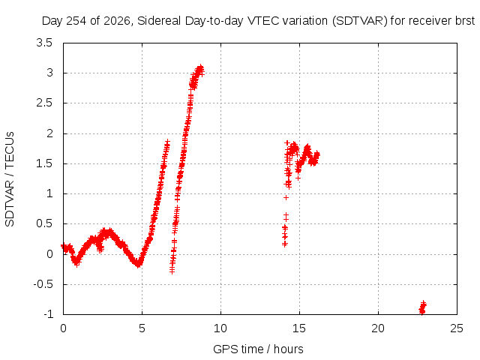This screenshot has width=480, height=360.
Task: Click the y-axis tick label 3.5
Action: (x=44, y=43)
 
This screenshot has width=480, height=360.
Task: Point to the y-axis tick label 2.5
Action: (x=44, y=103)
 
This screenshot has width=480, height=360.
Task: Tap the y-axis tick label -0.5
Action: (x=43, y=284)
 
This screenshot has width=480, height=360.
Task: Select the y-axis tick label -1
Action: (x=48, y=314)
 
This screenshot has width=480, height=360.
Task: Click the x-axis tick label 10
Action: (x=220, y=328)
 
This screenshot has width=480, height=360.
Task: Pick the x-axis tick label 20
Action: (x=378, y=328)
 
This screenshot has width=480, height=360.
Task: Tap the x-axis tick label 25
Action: (x=457, y=328)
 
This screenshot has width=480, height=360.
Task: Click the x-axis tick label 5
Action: (x=142, y=328)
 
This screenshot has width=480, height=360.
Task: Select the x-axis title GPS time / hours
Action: (x=258, y=349)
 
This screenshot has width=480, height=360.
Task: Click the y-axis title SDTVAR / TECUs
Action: (x=10, y=179)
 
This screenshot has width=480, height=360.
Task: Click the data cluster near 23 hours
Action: (x=422, y=307)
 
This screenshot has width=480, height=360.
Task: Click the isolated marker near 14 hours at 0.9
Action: (x=286, y=198)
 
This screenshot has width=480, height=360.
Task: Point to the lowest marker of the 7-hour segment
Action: (x=172, y=271)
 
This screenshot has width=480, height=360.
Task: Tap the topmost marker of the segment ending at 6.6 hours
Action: (x=167, y=142)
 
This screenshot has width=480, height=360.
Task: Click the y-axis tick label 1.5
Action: (x=44, y=163)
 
